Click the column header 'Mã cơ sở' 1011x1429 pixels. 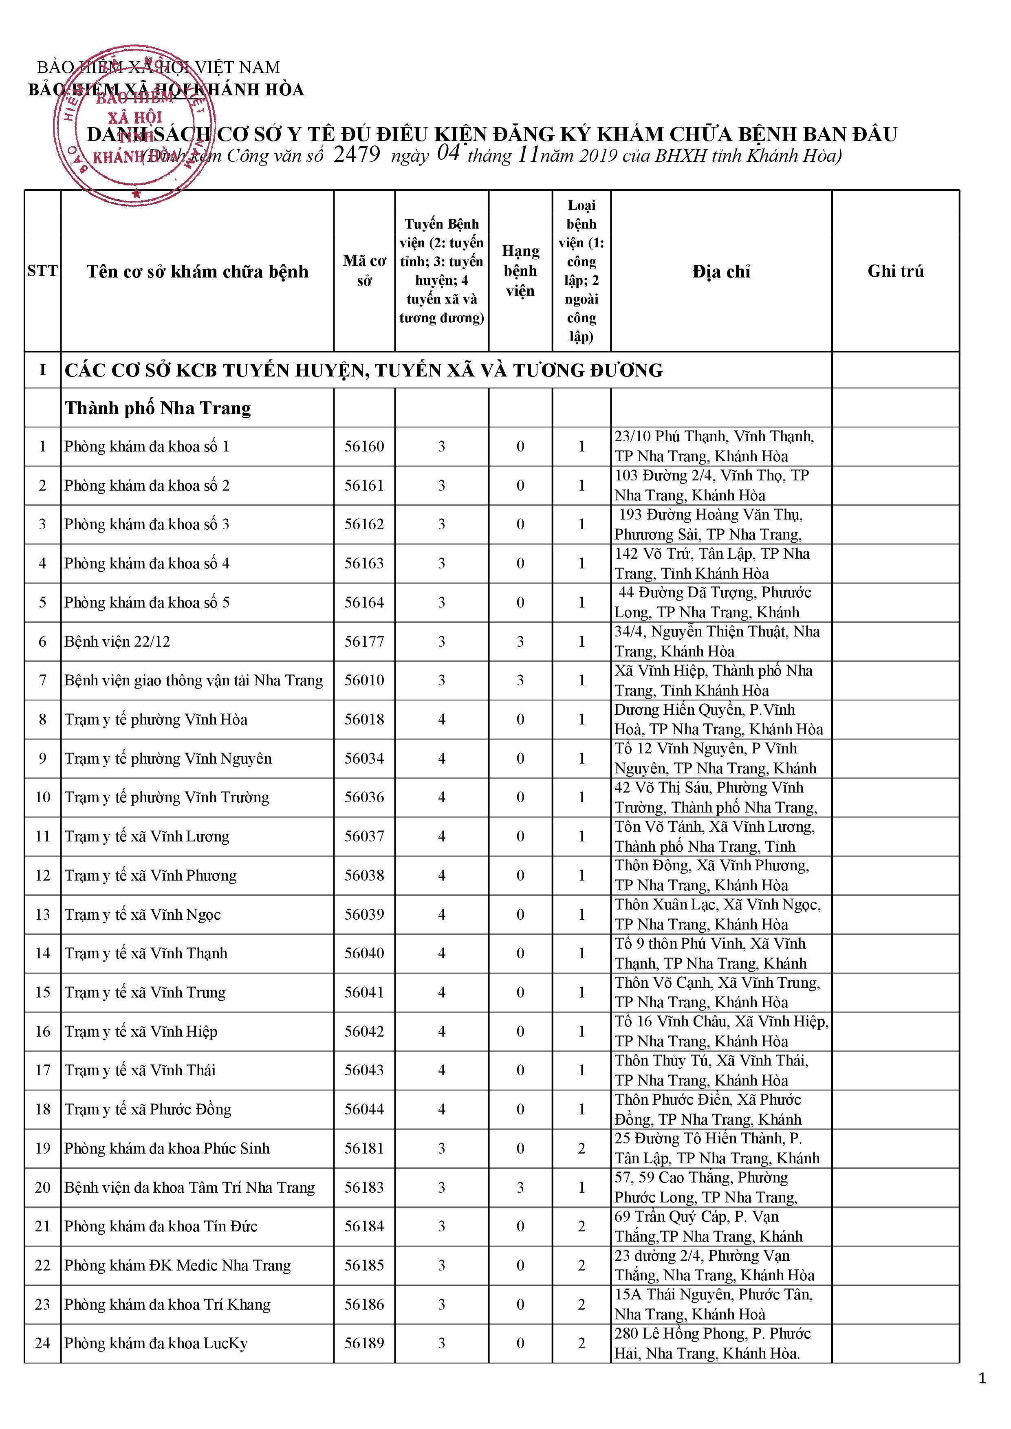tap(364, 271)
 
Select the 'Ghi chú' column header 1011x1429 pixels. tap(895, 271)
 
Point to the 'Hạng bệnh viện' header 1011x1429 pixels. tap(520, 271)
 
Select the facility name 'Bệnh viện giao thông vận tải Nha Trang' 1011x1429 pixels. tap(194, 680)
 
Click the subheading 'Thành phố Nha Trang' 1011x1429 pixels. tap(158, 408)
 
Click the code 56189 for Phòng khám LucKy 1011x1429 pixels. tap(364, 1343)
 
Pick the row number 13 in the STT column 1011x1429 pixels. tap(42, 914)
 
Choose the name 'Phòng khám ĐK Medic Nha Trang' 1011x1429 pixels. tap(177, 1265)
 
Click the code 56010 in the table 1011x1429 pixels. tap(364, 680)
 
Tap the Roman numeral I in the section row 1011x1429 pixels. tap(42, 370)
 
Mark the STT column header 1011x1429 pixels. tap(42, 271)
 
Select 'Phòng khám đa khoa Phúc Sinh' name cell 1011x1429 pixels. tap(167, 1148)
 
